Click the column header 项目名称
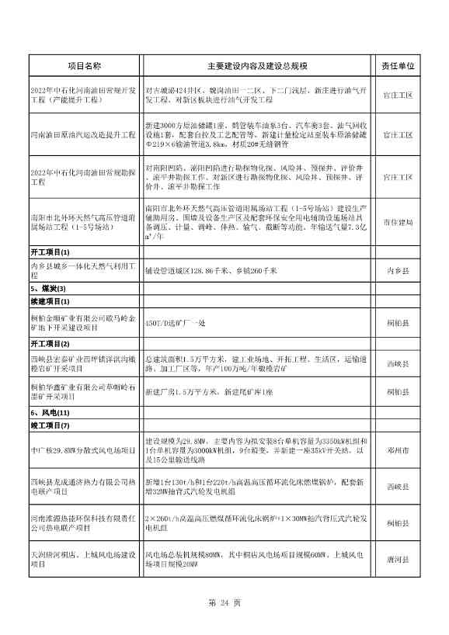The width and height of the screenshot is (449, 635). [x=85, y=67]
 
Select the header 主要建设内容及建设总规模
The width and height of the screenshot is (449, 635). [x=257, y=67]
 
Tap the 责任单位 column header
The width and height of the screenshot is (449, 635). [x=398, y=67]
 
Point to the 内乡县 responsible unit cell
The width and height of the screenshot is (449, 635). [x=398, y=271]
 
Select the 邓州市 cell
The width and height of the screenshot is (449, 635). [x=398, y=449]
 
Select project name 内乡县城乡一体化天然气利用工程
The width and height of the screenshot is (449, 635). [x=85, y=271]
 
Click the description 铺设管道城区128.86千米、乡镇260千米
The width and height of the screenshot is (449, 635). [x=211, y=271]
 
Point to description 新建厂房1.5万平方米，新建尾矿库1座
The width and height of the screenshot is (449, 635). [x=210, y=392]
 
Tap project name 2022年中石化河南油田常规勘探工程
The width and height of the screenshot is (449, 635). [x=85, y=171]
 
